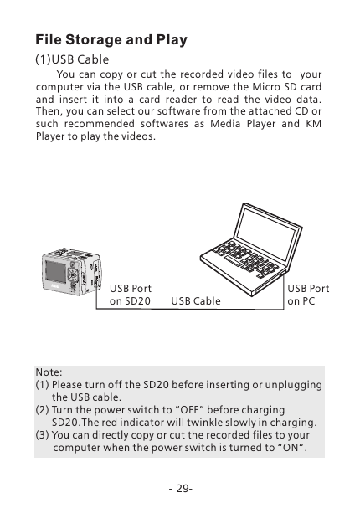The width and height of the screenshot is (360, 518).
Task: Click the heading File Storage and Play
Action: pos(111,40)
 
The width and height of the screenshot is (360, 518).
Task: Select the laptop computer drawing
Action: pos(244,244)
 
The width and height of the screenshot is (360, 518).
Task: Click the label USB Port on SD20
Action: pos(131,295)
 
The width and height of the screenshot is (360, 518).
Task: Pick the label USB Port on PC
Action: pos(308,295)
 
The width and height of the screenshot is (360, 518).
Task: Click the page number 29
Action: pos(180,488)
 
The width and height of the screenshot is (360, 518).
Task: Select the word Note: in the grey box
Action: pos(49,372)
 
